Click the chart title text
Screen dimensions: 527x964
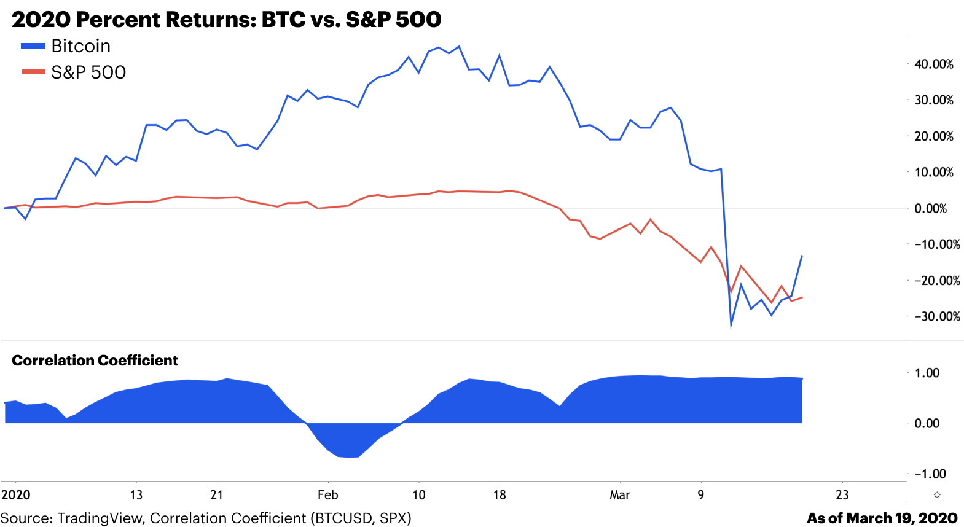[x=226, y=20]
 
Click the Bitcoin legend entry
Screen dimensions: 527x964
[x=80, y=46]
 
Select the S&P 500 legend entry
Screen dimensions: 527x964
[x=88, y=72]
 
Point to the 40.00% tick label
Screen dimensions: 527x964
[x=933, y=64]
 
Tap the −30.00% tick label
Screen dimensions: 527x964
[x=936, y=316]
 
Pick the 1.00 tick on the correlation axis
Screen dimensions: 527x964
[x=927, y=373]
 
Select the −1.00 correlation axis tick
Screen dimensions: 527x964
[x=930, y=474]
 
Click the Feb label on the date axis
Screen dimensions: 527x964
[x=327, y=495]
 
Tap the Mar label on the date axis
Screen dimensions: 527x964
[x=619, y=495]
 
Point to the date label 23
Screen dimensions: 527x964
[x=842, y=495]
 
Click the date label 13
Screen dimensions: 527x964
[x=136, y=495]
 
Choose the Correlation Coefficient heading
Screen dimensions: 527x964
[x=95, y=361]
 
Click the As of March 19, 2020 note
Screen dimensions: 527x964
[x=882, y=518]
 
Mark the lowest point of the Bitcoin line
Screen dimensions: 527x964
[x=731, y=326]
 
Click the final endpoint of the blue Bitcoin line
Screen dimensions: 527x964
[x=802, y=256]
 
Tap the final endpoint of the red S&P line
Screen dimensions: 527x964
[x=802, y=297]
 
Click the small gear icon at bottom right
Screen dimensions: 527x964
[x=936, y=495]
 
